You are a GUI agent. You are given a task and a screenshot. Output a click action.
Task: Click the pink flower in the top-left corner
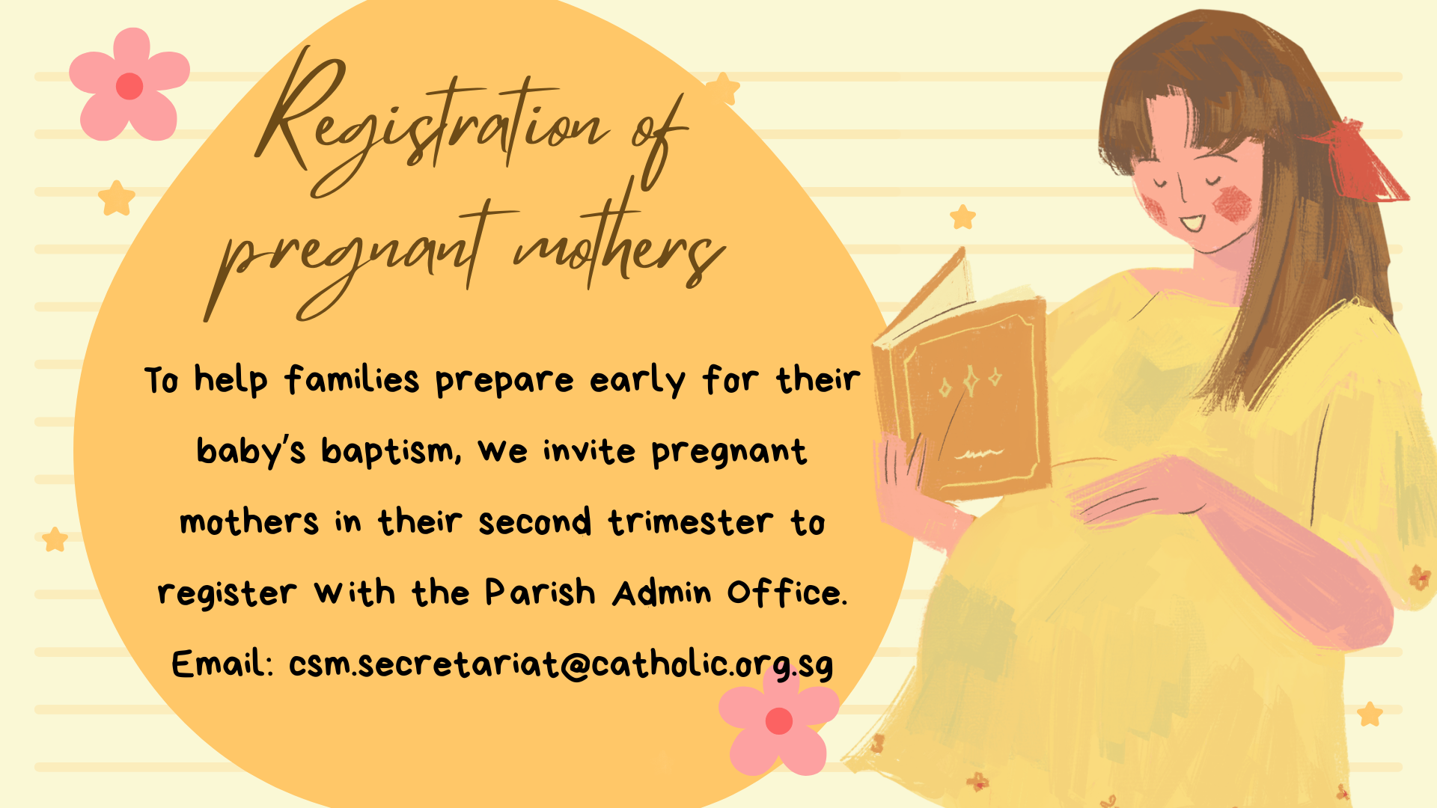click(129, 85)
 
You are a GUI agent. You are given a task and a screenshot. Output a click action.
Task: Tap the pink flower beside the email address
click(778, 720)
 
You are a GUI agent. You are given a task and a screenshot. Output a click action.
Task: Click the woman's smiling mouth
click(1193, 222)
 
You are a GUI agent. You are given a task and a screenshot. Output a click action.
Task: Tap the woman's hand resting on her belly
click(1138, 490)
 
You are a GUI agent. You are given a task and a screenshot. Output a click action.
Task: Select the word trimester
click(691, 521)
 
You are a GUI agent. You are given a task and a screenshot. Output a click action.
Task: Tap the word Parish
click(540, 593)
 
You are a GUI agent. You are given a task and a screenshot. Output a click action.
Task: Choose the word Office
click(787, 593)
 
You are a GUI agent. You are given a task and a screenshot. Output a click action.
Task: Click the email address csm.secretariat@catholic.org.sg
click(561, 664)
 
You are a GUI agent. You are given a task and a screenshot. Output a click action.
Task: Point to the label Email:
click(222, 664)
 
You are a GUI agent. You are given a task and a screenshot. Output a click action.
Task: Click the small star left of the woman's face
click(963, 217)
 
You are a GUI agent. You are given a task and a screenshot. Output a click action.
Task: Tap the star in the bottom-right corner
click(1370, 714)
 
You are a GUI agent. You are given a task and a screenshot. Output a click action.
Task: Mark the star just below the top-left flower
click(117, 198)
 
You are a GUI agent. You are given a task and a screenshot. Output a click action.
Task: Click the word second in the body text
click(535, 521)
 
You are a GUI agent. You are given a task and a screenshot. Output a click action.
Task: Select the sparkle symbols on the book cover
click(970, 382)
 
